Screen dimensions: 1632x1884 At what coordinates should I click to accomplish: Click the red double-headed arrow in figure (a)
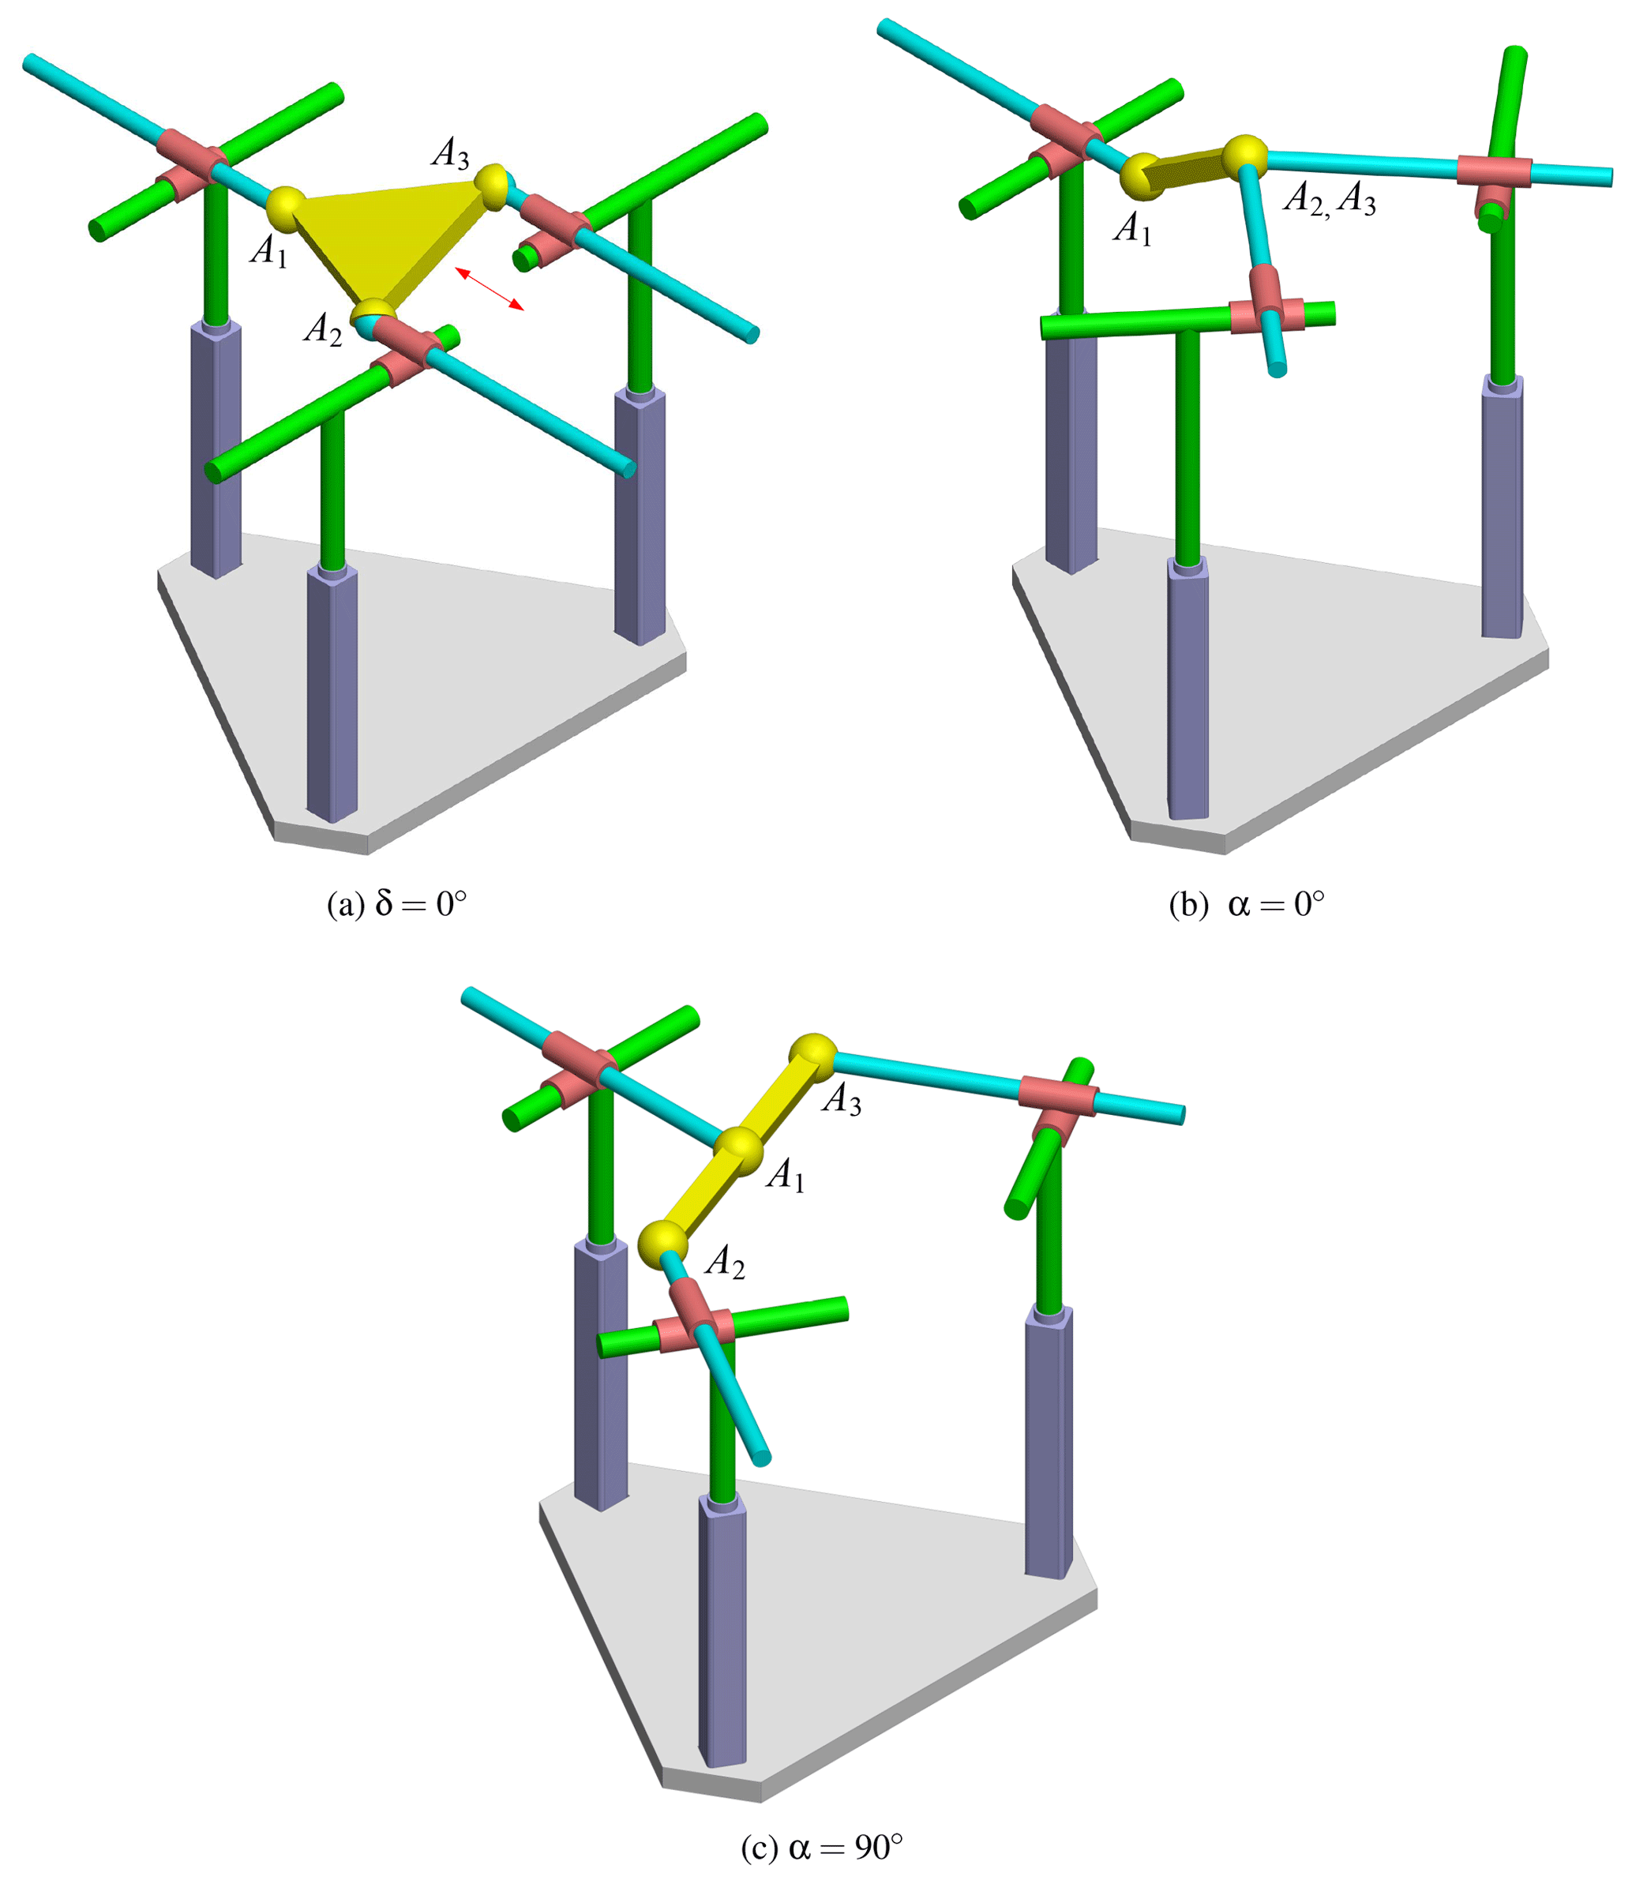(490, 289)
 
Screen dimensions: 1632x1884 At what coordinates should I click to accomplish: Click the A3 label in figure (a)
(451, 153)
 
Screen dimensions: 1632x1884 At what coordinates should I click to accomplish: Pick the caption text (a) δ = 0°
(397, 904)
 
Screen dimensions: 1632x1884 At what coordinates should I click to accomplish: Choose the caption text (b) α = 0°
(1247, 904)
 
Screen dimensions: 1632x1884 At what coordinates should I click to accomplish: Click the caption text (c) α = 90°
(823, 1848)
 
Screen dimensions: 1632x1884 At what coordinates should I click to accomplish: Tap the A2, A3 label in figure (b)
(1330, 198)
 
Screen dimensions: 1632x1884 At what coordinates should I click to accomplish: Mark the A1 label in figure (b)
(1133, 228)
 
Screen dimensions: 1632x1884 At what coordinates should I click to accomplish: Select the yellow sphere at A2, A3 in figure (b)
(1244, 156)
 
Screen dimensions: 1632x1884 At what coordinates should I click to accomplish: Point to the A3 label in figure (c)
(842, 1099)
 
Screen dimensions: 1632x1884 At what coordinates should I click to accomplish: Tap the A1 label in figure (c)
(786, 1176)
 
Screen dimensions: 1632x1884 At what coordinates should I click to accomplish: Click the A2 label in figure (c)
(725, 1262)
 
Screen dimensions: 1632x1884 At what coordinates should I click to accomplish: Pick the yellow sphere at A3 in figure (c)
(812, 1058)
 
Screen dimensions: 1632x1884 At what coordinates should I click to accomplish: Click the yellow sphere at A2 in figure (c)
(662, 1244)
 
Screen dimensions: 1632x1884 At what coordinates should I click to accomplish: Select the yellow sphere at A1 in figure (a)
(287, 209)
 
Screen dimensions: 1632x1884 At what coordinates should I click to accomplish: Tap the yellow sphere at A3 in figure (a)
(491, 186)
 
